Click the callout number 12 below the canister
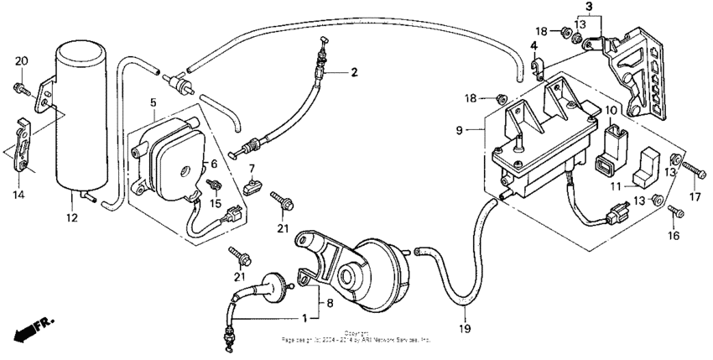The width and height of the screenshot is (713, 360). click(71, 218)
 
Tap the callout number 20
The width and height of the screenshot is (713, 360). click(21, 60)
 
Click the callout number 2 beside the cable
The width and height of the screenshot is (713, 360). click(354, 72)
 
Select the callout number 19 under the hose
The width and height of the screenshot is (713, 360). click(464, 327)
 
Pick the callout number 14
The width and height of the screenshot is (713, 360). click(18, 195)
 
